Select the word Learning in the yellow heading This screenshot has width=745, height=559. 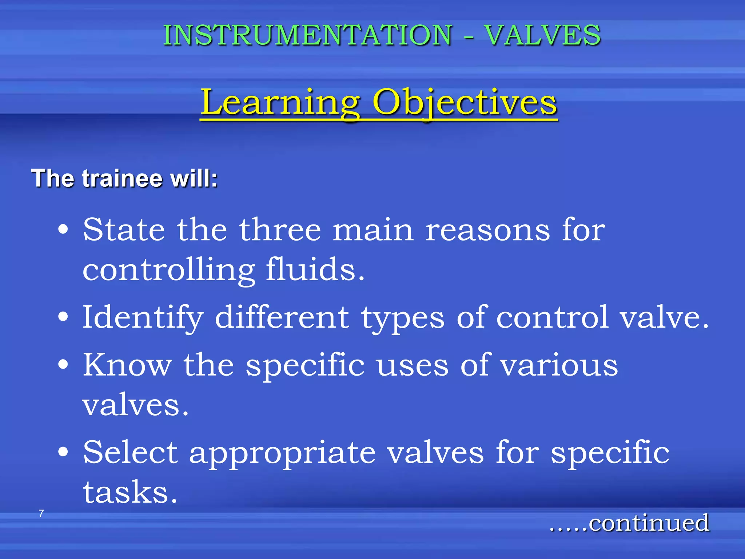280,103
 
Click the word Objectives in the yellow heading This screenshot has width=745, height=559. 465,103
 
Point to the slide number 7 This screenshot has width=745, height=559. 41,514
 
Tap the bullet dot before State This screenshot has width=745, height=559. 63,230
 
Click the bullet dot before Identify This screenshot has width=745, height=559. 63,317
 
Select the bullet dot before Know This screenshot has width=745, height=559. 63,365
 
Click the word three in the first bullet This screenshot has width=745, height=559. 280,230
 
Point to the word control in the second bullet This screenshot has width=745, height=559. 553,317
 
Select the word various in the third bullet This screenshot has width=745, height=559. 559,365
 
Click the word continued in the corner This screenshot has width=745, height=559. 649,523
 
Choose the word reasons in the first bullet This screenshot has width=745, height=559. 487,230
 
